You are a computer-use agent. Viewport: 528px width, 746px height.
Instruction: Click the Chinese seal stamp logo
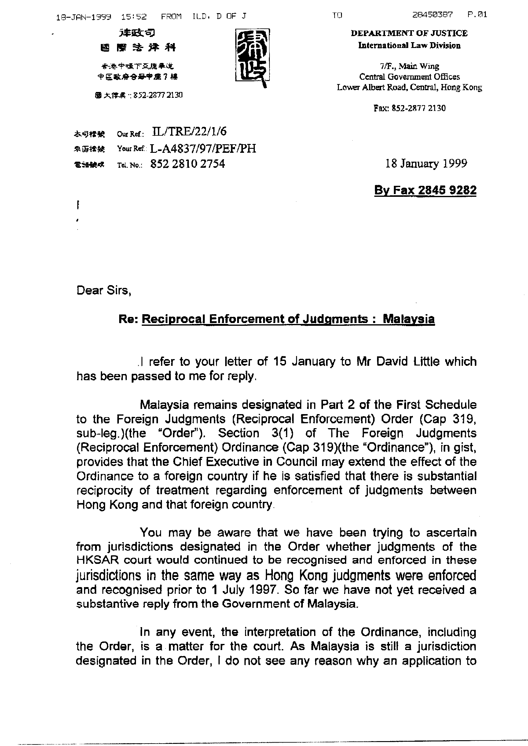tap(252, 55)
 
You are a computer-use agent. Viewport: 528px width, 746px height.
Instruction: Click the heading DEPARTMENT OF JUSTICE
tap(409, 33)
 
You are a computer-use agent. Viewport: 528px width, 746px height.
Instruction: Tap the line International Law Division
tap(409, 46)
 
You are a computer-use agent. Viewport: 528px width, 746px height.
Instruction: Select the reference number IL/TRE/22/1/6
tap(189, 131)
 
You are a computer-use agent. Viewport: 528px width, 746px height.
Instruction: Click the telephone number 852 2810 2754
tap(188, 164)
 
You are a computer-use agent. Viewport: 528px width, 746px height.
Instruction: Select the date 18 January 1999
tap(426, 163)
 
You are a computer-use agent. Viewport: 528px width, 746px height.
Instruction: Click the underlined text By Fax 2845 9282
tap(425, 190)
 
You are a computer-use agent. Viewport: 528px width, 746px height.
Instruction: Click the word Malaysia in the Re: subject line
tap(408, 319)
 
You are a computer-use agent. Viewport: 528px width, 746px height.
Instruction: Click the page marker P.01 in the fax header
tap(477, 15)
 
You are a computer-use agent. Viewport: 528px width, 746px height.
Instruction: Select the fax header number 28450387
tap(432, 15)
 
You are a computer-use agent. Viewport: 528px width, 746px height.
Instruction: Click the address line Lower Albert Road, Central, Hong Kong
tap(409, 87)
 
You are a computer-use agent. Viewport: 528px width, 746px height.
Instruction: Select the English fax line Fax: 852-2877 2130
tap(409, 108)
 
